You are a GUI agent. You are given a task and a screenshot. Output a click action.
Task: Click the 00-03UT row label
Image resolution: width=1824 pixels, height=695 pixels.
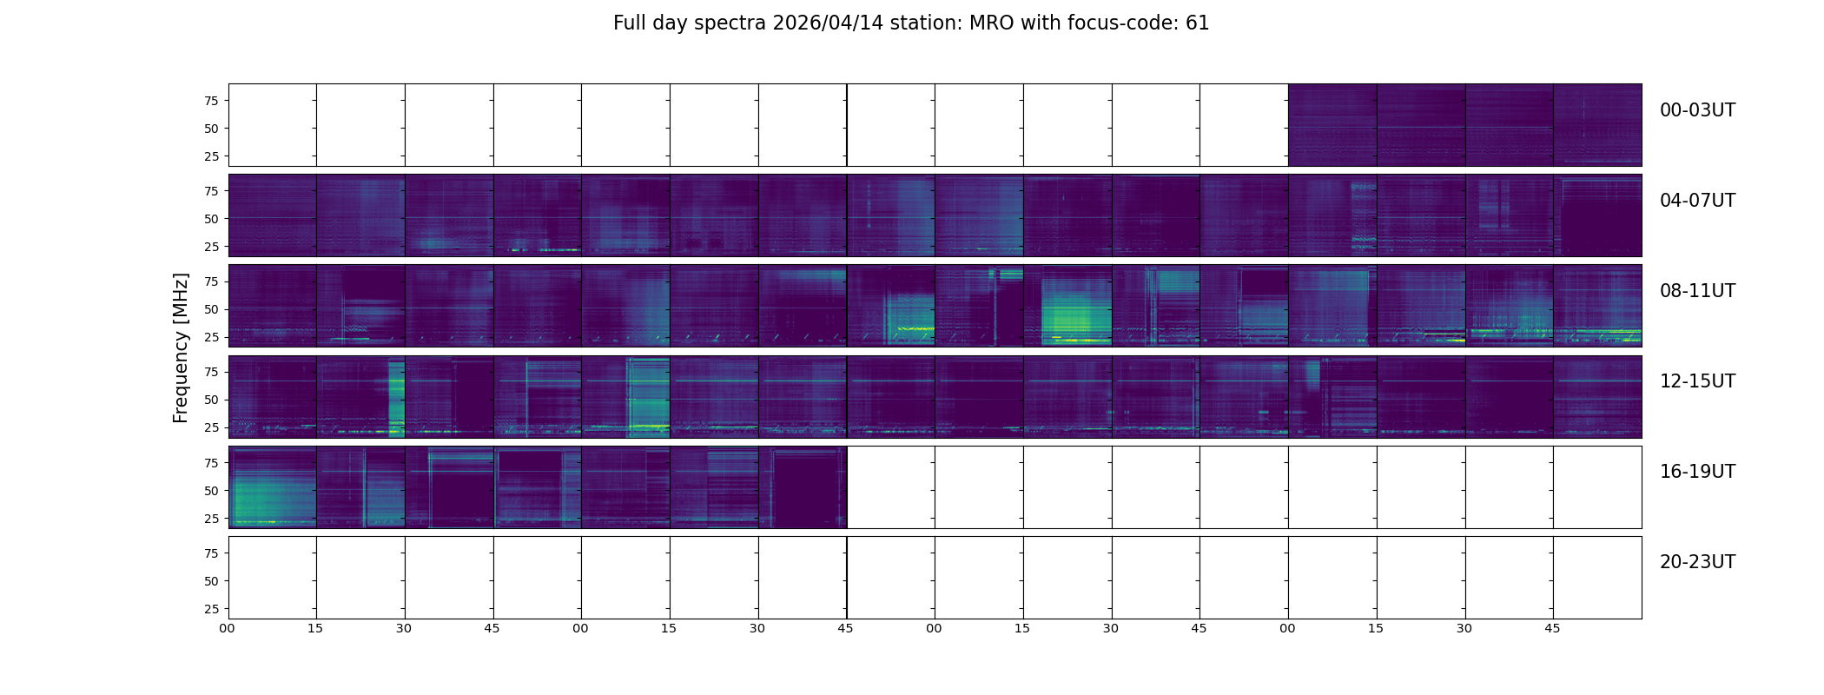point(1697,110)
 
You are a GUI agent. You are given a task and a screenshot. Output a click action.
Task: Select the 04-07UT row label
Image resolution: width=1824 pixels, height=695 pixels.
point(1697,201)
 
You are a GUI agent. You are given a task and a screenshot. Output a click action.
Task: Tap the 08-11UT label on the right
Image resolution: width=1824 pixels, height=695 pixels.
point(1697,291)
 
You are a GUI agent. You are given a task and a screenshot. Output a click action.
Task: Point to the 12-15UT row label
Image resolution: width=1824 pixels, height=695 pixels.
point(1697,381)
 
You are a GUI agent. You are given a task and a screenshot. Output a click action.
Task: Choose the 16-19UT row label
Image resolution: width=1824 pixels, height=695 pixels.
point(1697,472)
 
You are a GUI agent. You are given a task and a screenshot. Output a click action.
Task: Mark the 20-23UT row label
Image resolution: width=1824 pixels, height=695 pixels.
point(1697,562)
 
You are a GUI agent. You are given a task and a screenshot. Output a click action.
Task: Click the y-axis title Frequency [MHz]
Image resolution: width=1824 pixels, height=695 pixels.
point(181,347)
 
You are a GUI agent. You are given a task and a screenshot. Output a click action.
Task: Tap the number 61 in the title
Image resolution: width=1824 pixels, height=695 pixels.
point(1197,23)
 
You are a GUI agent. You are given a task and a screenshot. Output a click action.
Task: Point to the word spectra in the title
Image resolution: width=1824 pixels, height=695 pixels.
point(730,23)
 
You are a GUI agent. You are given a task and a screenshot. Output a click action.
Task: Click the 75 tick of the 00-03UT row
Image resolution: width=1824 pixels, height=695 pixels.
point(211,101)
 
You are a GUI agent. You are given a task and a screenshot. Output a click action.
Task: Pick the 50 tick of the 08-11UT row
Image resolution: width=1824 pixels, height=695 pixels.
point(211,309)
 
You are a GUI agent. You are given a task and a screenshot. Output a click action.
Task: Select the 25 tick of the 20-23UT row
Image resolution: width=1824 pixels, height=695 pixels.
point(211,609)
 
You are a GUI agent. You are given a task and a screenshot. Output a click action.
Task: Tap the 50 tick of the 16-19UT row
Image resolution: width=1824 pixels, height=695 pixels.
point(211,491)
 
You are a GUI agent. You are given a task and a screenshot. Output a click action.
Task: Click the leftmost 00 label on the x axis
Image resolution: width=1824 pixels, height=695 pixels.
point(228,629)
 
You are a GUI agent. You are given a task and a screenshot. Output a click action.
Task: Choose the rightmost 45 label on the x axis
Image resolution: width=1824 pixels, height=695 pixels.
point(1552,629)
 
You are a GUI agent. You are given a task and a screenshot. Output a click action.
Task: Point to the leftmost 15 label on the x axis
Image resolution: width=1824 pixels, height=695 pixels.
point(315,629)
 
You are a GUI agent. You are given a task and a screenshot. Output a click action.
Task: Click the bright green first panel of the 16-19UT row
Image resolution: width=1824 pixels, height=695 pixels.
point(272,487)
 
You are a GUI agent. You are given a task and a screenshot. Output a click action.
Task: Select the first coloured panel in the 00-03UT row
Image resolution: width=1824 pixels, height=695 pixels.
point(1332,125)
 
